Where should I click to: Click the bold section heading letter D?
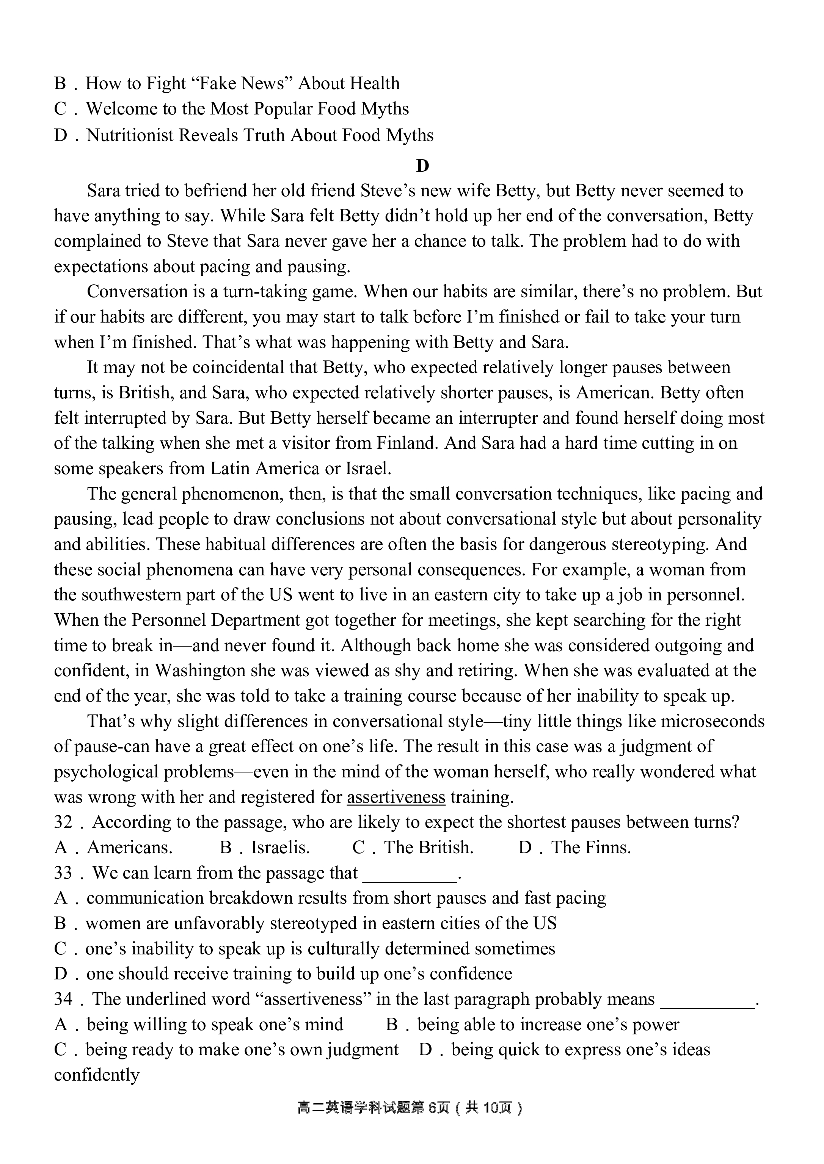tap(422, 166)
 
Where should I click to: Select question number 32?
tap(63, 822)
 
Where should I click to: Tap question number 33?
tap(63, 873)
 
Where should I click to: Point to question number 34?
tap(63, 999)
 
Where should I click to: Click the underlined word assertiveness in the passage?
tap(396, 797)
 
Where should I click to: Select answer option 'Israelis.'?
tap(280, 848)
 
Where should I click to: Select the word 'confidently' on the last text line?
tap(96, 1075)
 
